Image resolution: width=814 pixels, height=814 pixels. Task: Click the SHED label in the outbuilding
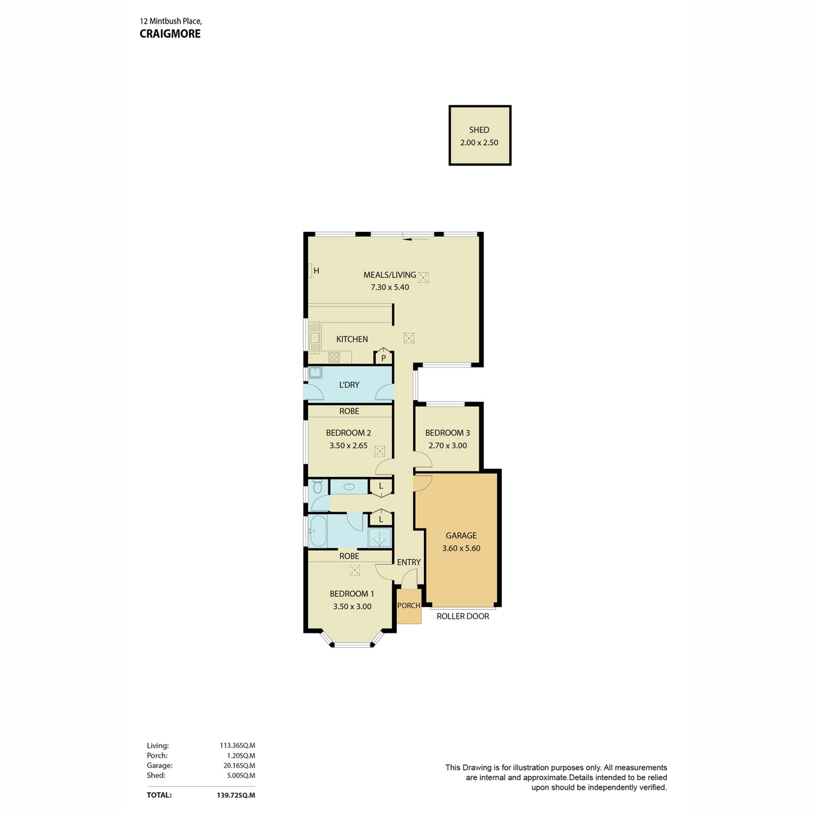coord(479,130)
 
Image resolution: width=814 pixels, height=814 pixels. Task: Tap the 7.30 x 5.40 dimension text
coord(389,287)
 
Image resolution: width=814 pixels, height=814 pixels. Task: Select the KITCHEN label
coord(351,338)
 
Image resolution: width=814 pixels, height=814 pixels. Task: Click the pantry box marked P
coord(383,357)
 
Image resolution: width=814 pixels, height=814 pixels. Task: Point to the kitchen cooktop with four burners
coord(334,357)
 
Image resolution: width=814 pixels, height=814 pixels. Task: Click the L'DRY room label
coord(349,385)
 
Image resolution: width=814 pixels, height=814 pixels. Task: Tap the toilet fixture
coord(317,486)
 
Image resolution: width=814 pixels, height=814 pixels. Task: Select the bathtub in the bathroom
coord(317,531)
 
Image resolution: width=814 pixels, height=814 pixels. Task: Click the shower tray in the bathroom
coord(380,538)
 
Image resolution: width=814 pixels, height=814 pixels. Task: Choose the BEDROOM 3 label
coord(447,433)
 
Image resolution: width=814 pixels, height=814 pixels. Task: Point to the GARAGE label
coord(461,535)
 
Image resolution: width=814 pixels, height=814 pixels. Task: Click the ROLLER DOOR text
coord(463,617)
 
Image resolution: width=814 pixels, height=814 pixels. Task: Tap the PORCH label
coord(408,605)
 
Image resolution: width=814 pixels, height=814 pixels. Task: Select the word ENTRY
coord(408,562)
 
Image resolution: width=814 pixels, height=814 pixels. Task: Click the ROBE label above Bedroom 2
coord(349,411)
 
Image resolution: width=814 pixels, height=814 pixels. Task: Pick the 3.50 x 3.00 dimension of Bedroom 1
coord(352,606)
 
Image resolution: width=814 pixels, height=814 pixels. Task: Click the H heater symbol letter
coord(316,271)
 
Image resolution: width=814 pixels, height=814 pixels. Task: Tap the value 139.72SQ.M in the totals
coord(235,795)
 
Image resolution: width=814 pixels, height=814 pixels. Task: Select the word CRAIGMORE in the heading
coord(170,34)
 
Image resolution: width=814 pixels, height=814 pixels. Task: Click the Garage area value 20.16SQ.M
coord(239,765)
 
